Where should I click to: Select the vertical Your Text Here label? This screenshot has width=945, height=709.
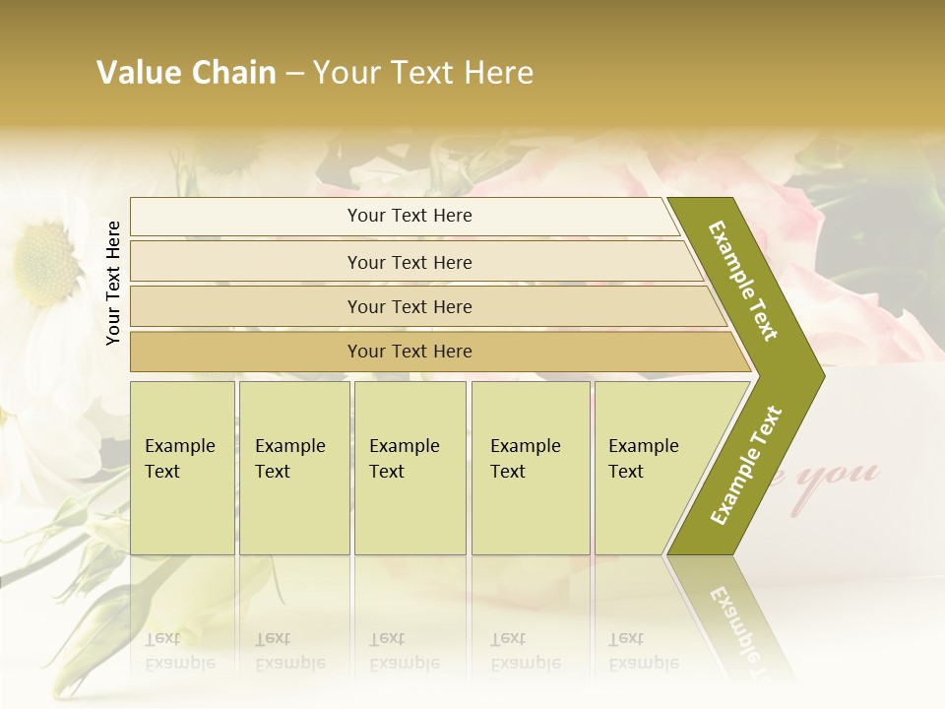113,284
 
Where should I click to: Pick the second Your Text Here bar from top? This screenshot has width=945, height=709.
409,262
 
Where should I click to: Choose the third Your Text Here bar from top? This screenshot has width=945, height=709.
409,307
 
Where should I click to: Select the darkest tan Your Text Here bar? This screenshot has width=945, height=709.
409,352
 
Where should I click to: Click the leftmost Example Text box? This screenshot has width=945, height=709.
182,467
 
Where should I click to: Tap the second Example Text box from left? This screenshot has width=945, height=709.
293,467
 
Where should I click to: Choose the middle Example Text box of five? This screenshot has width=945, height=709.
409,467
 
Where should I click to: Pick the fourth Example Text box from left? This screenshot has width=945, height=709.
530,467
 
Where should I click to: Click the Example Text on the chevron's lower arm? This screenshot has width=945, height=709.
746,465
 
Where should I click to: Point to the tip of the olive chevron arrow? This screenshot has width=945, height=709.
823,375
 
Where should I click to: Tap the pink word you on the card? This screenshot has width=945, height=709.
847,475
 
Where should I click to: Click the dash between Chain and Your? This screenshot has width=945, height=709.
294,74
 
